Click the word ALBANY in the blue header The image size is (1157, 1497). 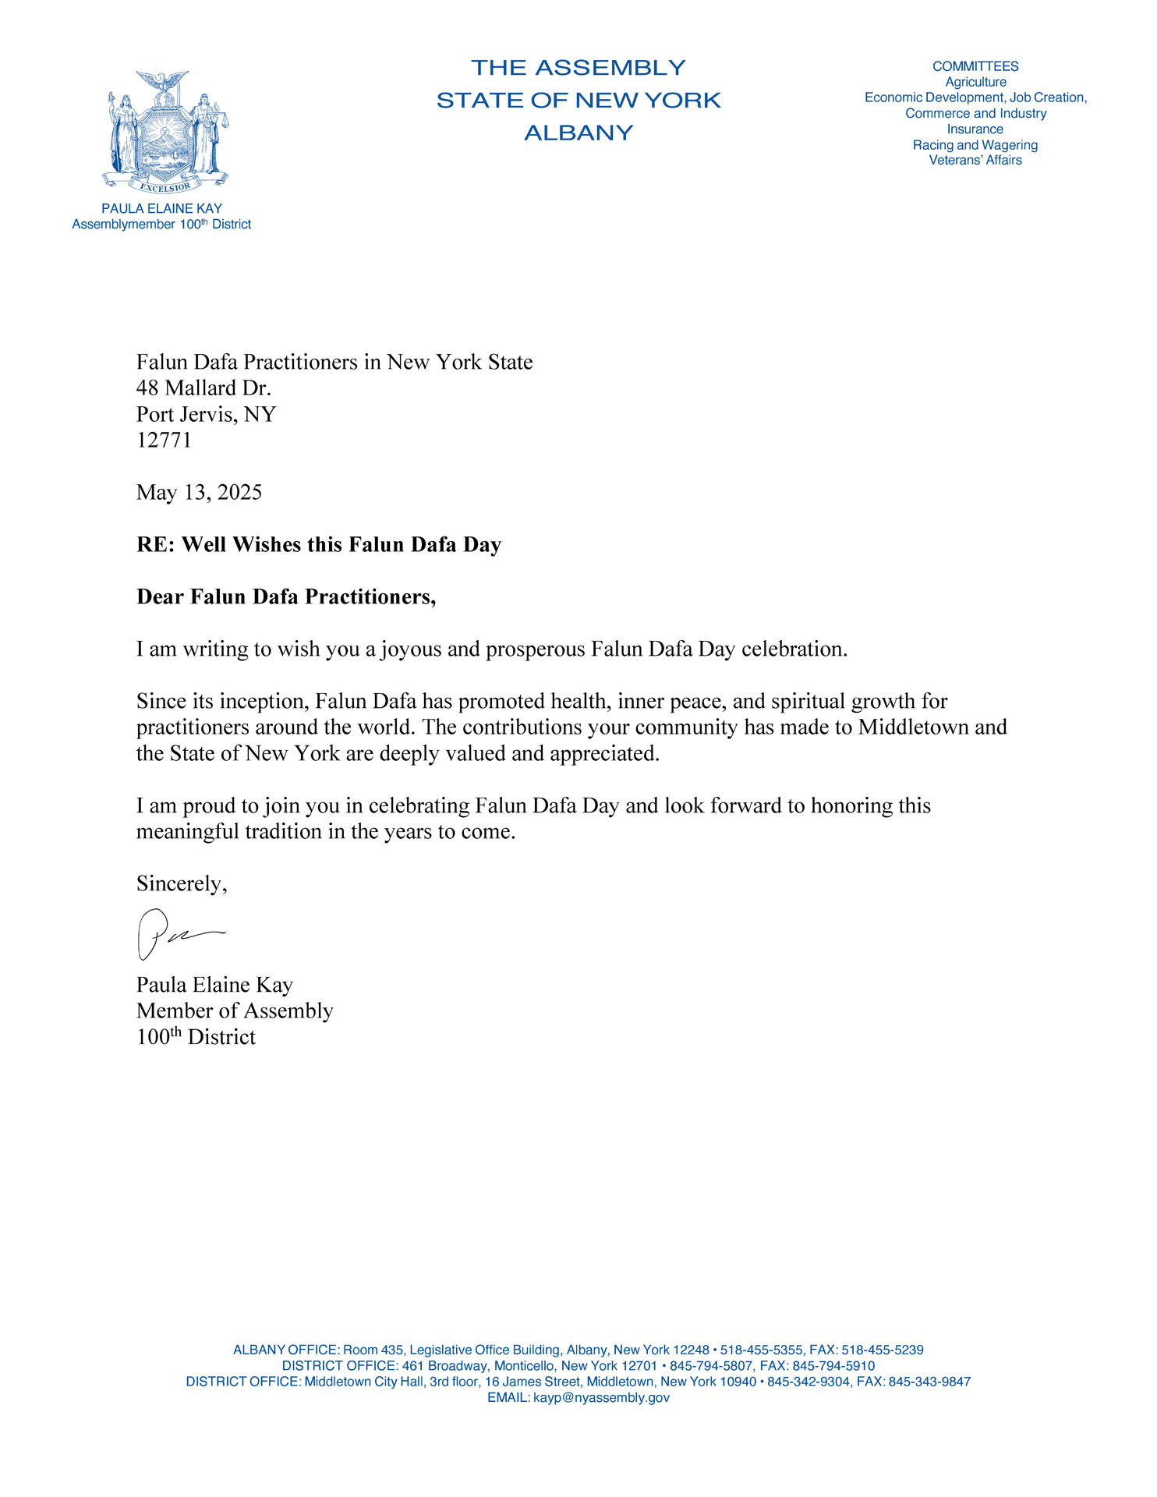click(x=578, y=133)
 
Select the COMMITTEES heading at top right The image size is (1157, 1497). click(x=975, y=67)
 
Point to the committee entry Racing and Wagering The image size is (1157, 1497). click(x=975, y=145)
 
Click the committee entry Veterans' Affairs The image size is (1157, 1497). click(x=975, y=161)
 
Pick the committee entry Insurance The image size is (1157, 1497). click(x=975, y=129)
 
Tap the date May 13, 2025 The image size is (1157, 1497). click(x=199, y=493)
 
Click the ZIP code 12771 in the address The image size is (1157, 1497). click(x=164, y=441)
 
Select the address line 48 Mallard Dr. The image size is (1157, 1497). click(x=203, y=388)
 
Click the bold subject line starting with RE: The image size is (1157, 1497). click(x=318, y=545)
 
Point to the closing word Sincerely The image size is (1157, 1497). click(x=180, y=883)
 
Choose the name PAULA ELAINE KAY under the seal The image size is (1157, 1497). click(x=161, y=209)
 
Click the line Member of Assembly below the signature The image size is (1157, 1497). click(x=235, y=1011)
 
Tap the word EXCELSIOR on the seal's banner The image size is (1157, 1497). click(x=165, y=188)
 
